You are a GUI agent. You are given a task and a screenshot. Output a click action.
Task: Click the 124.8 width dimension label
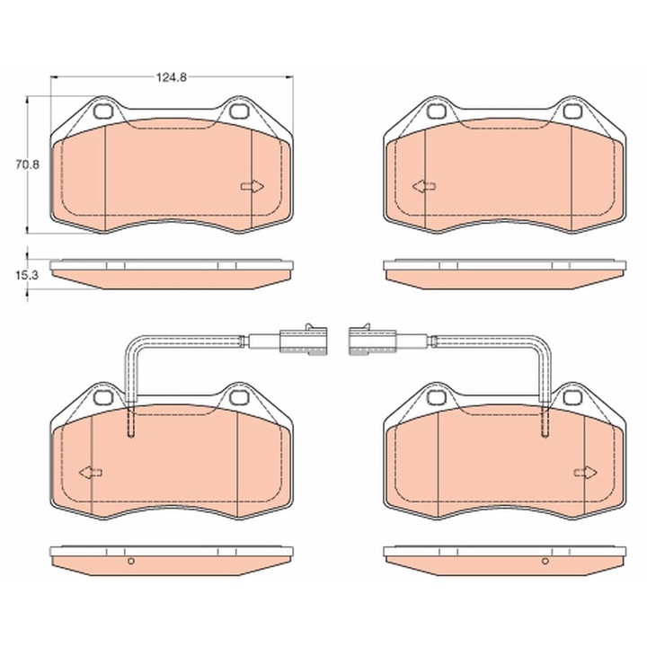(172, 77)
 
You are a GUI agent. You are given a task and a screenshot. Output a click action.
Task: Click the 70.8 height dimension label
(27, 165)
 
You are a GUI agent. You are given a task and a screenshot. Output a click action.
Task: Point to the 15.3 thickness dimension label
(27, 275)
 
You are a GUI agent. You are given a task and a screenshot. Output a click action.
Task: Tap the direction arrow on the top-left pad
(253, 187)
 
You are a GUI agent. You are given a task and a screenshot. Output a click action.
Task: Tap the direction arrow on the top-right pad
(424, 187)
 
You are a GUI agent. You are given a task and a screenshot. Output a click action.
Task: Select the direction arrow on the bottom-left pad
(91, 473)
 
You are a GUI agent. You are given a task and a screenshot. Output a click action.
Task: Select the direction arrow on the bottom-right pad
(586, 473)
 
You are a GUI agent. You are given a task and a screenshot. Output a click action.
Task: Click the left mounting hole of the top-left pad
(102, 111)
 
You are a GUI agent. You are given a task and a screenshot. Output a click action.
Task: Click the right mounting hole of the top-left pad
(237, 111)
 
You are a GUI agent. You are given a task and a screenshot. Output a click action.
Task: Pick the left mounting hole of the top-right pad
(435, 111)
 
